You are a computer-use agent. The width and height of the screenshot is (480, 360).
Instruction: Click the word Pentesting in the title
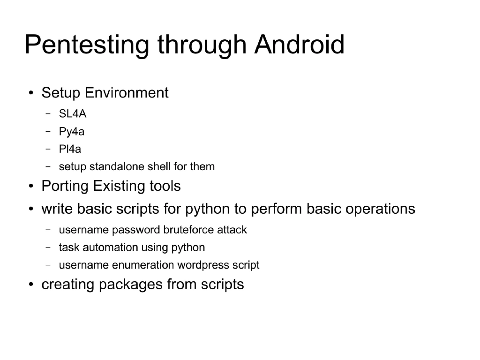click(x=87, y=45)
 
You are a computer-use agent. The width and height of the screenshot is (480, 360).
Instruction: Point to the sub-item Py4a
click(x=71, y=132)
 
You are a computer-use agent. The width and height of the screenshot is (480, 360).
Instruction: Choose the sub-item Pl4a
click(x=70, y=149)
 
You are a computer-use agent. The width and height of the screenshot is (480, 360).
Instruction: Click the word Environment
click(x=127, y=93)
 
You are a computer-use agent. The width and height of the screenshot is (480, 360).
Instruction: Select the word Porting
click(x=65, y=187)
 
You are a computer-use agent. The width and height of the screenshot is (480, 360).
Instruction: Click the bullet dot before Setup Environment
click(x=30, y=93)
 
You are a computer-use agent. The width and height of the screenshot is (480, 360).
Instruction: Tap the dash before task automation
click(x=48, y=247)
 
